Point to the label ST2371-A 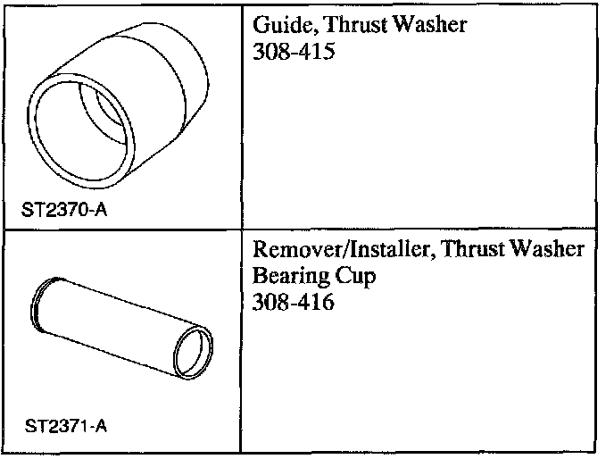59,425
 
